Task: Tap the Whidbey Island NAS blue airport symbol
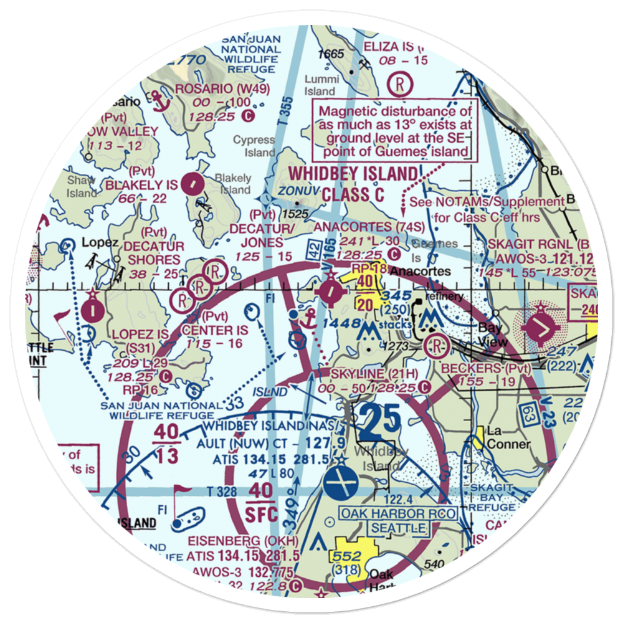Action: point(341,484)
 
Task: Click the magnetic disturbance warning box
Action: point(395,132)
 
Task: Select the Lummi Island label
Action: point(321,85)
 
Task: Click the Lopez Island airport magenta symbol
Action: point(92,310)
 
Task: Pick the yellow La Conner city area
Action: point(478,437)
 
